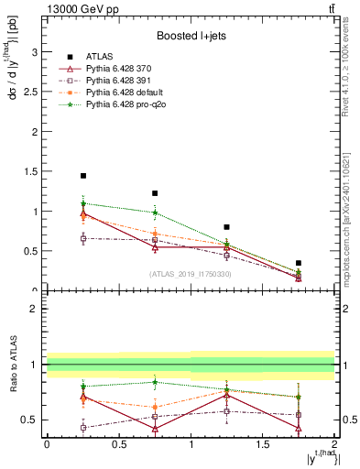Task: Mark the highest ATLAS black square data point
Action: [83, 176]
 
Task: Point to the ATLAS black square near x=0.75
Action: [155, 193]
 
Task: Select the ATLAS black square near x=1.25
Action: [226, 226]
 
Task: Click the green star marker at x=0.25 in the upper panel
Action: [83, 203]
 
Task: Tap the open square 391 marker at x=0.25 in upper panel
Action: [83, 238]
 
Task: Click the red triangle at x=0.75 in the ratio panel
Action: [155, 429]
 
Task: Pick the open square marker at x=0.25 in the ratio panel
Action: [83, 428]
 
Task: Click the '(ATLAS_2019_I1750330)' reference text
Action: [190, 274]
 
